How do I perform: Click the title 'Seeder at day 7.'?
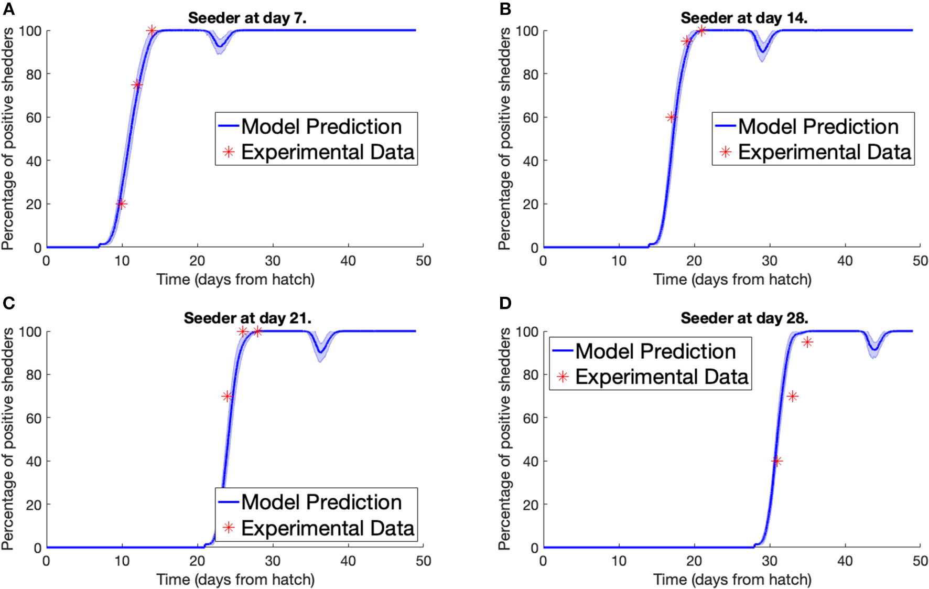click(x=247, y=18)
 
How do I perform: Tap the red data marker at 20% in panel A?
click(x=121, y=204)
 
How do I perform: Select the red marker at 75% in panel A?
click(x=137, y=85)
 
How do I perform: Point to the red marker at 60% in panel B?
click(x=671, y=117)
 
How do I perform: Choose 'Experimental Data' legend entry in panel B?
click(x=824, y=152)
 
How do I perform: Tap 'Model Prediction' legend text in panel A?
click(x=321, y=126)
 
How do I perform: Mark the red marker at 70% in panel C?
click(x=226, y=397)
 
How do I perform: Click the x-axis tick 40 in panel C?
click(x=348, y=561)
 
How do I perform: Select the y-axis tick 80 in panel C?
click(x=33, y=375)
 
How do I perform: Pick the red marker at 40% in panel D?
click(x=777, y=462)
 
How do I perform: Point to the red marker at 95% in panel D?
click(x=807, y=342)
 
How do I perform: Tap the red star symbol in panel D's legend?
click(x=563, y=377)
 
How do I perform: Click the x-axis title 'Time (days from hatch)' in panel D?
click(x=732, y=580)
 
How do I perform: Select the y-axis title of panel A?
click(x=8, y=139)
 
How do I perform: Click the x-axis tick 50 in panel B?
click(x=920, y=261)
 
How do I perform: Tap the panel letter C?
click(x=8, y=303)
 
